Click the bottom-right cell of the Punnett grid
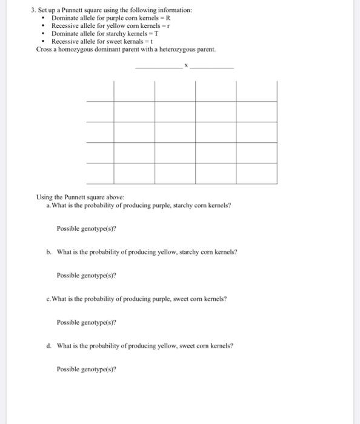click(x=256, y=173)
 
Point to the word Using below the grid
click(x=44, y=197)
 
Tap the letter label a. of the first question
click(x=48, y=205)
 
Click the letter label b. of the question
click(x=48, y=252)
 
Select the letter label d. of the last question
click(x=48, y=346)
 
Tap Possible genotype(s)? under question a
click(x=86, y=228)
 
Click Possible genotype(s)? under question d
click(x=86, y=369)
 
